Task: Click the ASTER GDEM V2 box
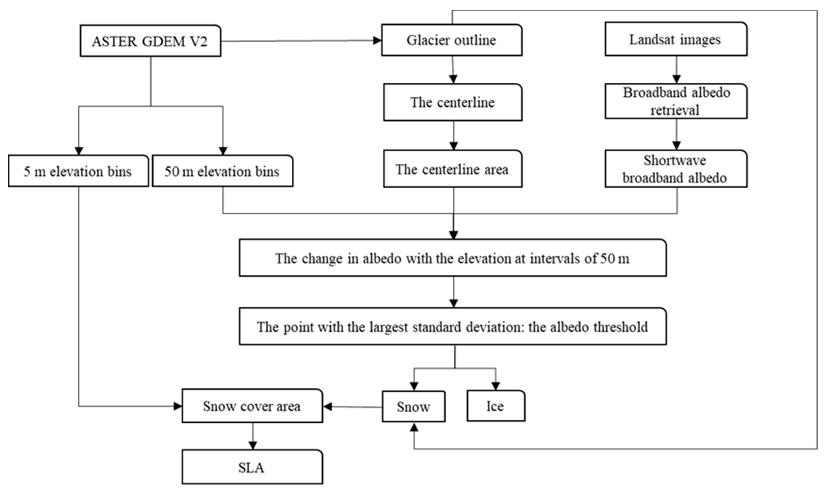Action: click(x=150, y=41)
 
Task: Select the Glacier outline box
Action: click(x=452, y=40)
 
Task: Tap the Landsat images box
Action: click(x=676, y=40)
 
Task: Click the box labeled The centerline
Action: click(x=453, y=102)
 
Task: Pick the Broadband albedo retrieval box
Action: click(x=676, y=101)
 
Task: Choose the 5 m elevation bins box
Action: click(x=78, y=171)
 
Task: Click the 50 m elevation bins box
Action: click(x=222, y=171)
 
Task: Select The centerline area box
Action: click(x=453, y=169)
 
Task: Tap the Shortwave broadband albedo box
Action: click(x=676, y=169)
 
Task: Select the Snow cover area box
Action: click(x=252, y=406)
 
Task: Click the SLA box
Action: click(x=252, y=467)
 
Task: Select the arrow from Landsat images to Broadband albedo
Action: click(x=677, y=70)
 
